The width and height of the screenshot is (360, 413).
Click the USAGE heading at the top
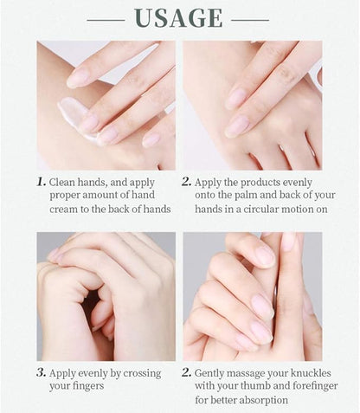coord(178,18)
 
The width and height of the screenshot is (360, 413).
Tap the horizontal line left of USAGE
coord(106,20)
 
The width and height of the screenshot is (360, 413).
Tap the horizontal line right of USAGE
coord(250,20)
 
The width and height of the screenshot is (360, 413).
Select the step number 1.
coord(42,182)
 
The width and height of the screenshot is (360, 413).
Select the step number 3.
coord(42,372)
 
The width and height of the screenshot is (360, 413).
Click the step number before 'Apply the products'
coord(187,182)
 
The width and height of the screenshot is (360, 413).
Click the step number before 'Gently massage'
coord(187,372)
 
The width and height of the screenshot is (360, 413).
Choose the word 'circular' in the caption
coord(260,209)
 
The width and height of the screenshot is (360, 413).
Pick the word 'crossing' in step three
coord(142,373)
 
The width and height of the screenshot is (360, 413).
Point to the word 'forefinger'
coord(315,386)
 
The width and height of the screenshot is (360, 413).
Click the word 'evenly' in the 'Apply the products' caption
coord(298,183)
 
